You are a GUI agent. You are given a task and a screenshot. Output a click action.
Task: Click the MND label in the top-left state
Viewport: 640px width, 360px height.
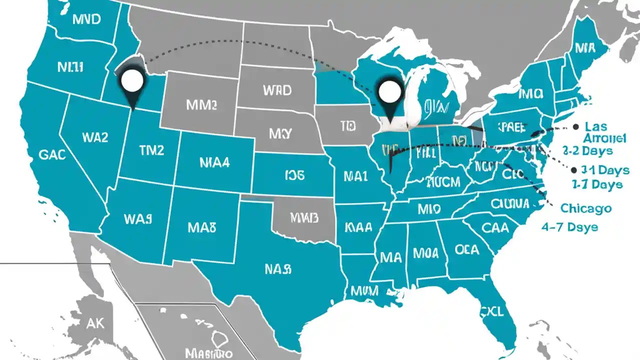(86, 19)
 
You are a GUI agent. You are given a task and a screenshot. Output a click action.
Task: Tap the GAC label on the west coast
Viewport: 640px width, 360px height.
(51, 154)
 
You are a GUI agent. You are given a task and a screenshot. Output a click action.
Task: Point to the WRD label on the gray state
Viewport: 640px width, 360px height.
(276, 90)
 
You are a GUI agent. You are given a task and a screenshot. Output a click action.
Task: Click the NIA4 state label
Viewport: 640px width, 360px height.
(214, 162)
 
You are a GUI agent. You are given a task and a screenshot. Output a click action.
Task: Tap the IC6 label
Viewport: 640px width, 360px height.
(294, 174)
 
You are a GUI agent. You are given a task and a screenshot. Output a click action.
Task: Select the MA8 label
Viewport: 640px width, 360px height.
(201, 227)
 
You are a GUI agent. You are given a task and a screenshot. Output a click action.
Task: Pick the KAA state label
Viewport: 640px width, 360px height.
(358, 227)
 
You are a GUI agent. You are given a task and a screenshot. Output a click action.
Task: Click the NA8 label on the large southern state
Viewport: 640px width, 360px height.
(277, 269)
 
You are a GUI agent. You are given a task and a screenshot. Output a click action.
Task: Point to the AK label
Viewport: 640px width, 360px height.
(94, 323)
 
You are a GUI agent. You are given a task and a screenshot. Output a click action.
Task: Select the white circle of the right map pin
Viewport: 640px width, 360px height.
(390, 91)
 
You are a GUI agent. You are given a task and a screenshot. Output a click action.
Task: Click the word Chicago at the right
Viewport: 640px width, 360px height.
(586, 208)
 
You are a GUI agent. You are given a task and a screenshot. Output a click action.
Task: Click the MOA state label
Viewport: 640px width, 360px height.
(425, 252)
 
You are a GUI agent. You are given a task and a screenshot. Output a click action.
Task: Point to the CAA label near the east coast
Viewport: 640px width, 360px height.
(495, 228)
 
